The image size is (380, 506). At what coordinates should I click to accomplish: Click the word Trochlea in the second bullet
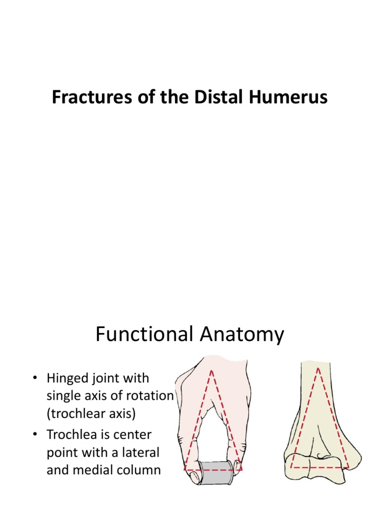pyautogui.click(x=70, y=435)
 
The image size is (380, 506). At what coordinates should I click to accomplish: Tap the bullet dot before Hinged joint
pyautogui.click(x=35, y=379)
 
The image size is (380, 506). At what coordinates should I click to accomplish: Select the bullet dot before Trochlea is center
pyautogui.click(x=35, y=436)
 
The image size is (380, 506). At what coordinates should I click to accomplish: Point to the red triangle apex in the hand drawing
pyautogui.click(x=212, y=371)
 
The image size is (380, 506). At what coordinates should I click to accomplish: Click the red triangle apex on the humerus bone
pyautogui.click(x=318, y=368)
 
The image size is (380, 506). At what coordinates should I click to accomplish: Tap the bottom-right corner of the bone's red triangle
pyautogui.click(x=348, y=467)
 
